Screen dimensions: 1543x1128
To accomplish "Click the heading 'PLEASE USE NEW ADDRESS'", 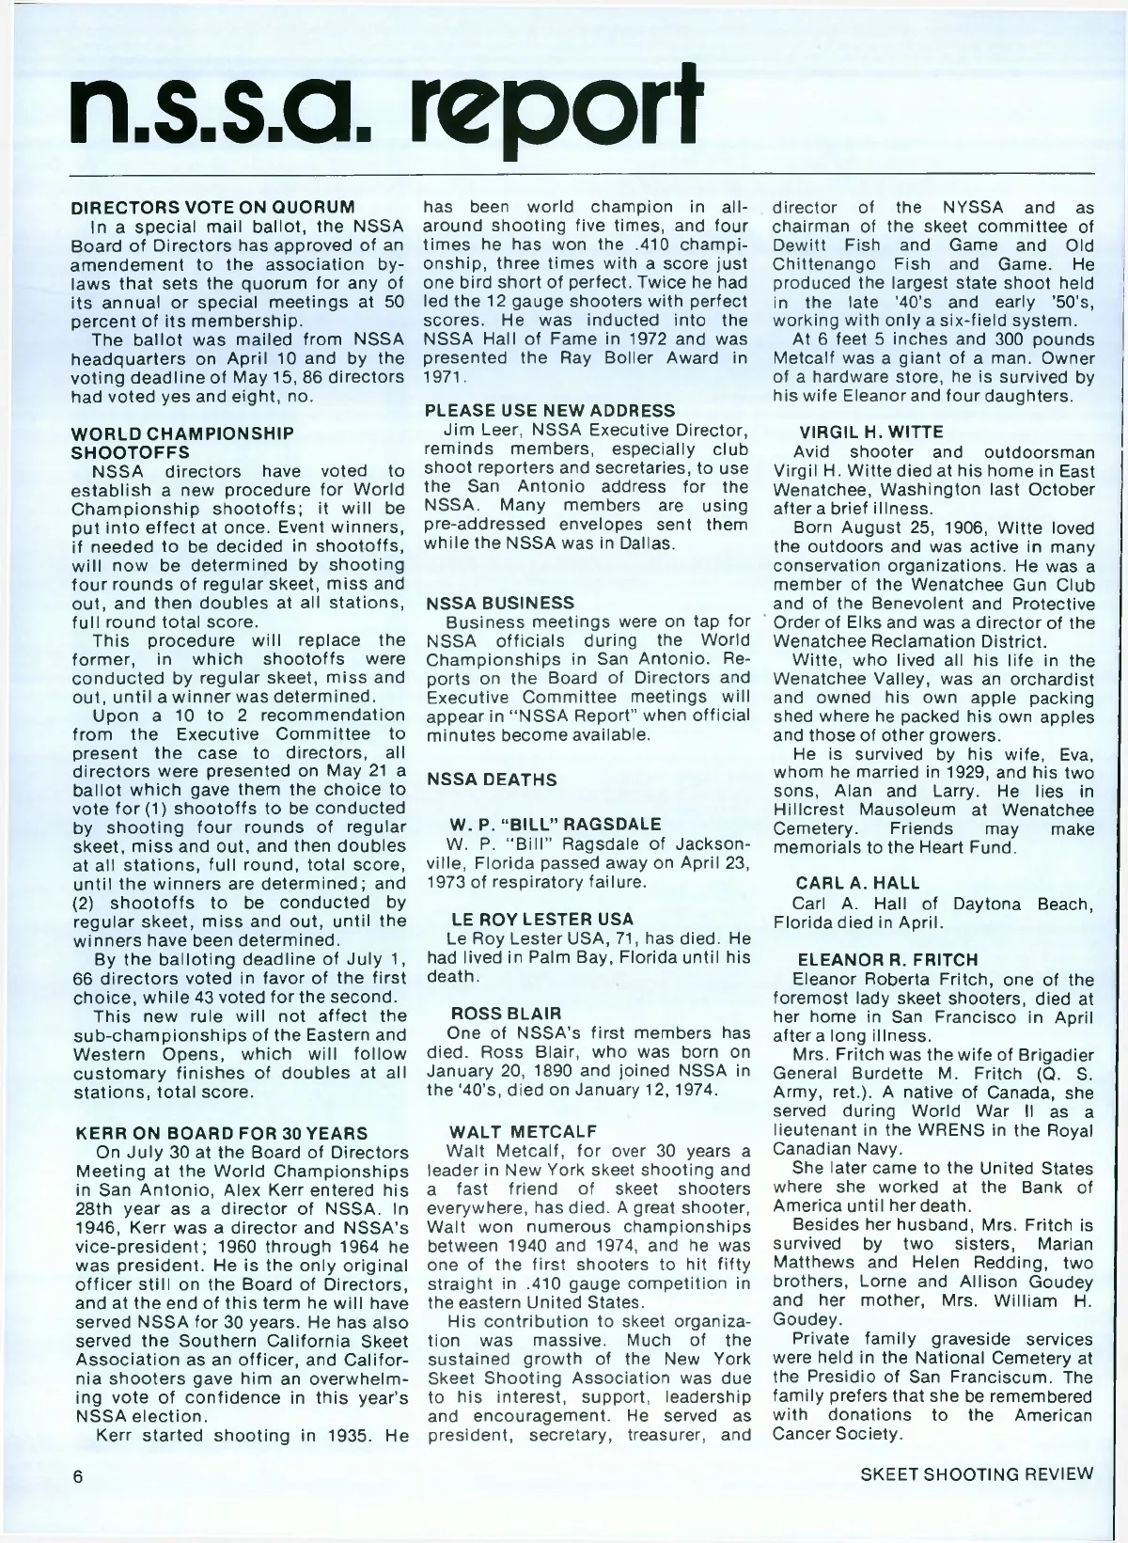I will click(550, 411).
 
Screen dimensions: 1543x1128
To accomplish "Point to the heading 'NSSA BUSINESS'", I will click(499, 602).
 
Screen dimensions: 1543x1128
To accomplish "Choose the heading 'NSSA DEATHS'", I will click(492, 779).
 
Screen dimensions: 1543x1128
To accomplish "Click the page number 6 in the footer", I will click(80, 1474).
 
